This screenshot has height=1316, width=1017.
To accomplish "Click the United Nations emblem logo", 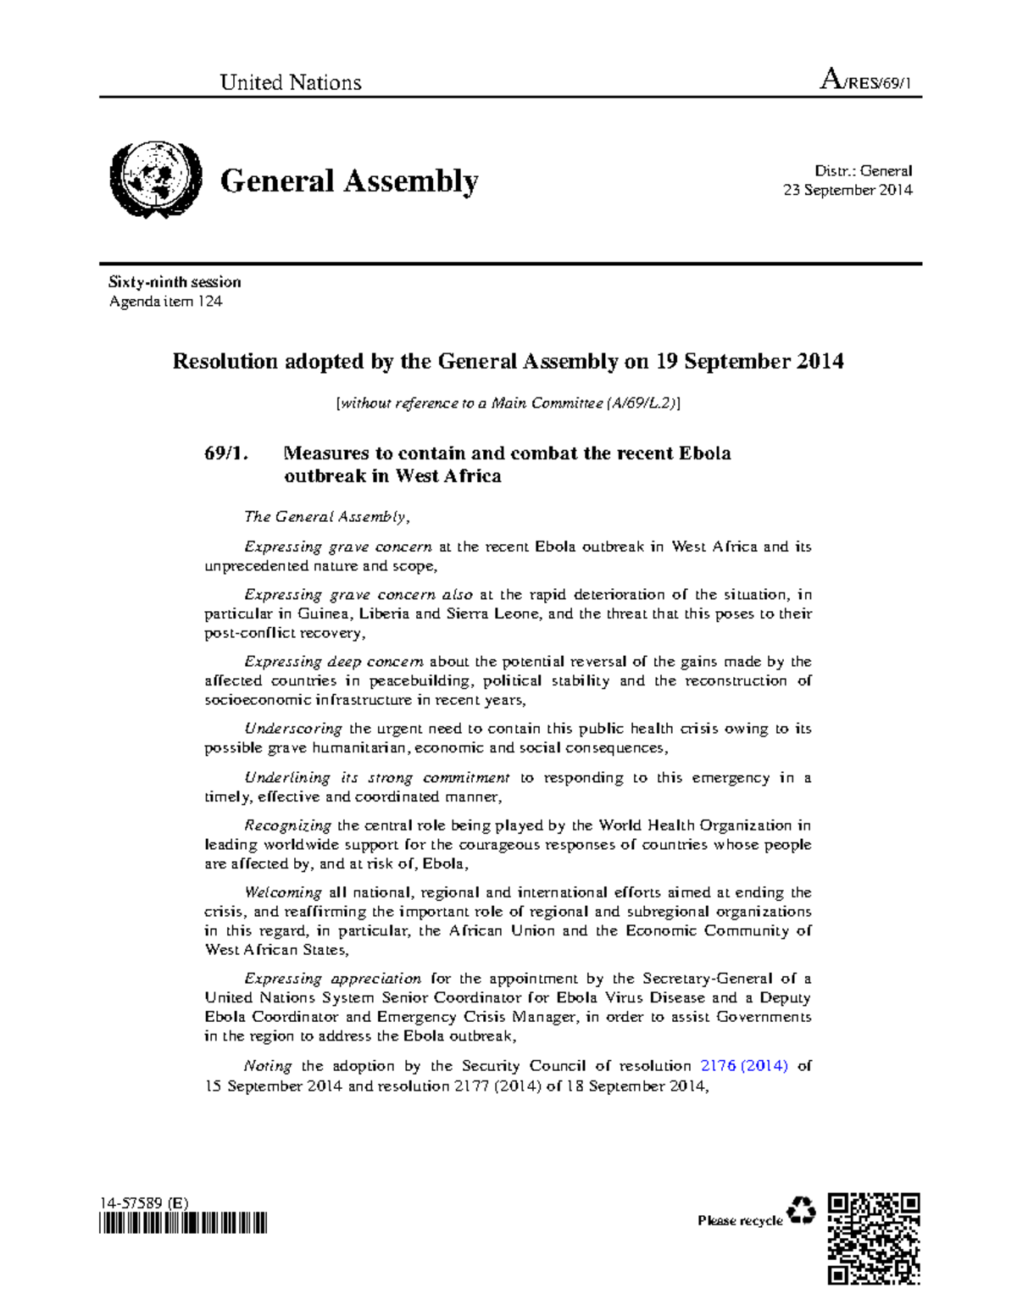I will pos(156,180).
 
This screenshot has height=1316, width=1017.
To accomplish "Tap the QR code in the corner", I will pos(874,1237).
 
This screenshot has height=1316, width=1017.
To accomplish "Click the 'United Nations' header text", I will pos(291,82).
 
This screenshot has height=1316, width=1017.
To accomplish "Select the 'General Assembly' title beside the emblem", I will pos(349,181).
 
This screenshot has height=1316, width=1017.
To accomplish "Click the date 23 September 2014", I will pos(847,190).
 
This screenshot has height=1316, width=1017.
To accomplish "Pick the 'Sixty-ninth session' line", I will pos(175,282).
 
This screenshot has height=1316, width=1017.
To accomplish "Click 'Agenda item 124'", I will pos(166,302).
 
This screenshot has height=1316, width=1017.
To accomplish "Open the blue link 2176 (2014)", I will pos(744,1066).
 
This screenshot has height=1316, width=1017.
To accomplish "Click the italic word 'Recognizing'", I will pos(287,825).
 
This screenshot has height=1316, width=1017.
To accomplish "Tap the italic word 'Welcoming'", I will pos(282,892).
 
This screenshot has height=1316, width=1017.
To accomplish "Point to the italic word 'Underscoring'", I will pos(293,729).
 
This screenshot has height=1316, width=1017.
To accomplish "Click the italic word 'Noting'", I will pos(268,1066).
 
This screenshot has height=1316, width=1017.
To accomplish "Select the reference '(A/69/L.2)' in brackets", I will pos(642,403).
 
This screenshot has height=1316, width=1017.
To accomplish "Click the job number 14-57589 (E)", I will pos(144,1202).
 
